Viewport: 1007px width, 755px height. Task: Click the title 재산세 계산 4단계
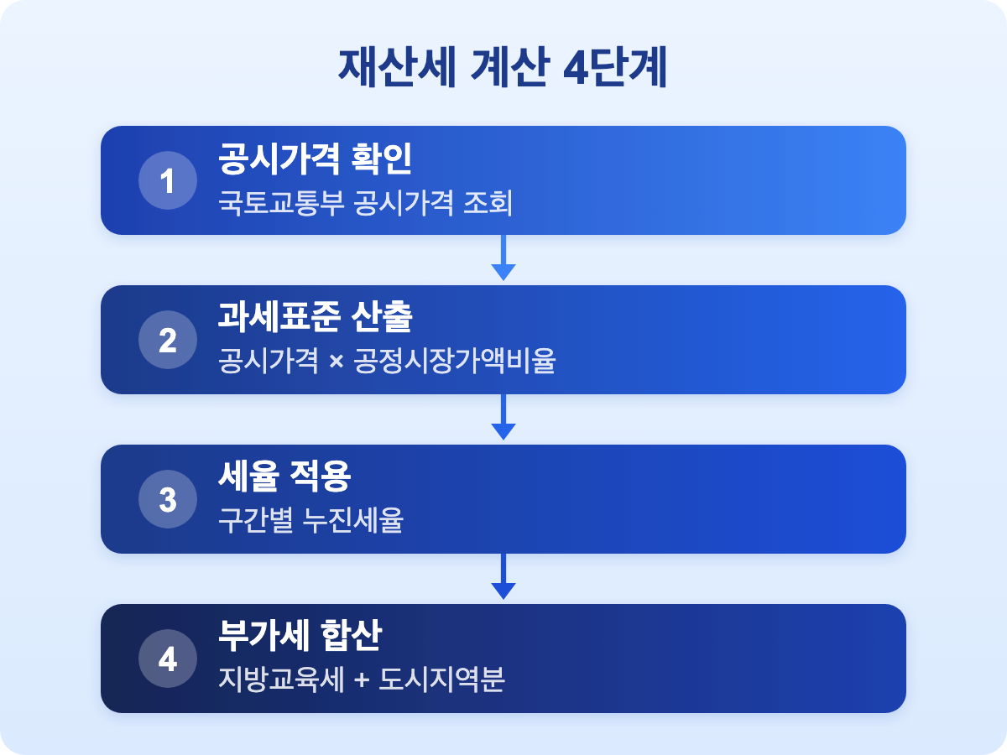point(503,67)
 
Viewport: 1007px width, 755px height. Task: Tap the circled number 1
point(168,180)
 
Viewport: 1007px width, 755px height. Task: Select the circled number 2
point(168,340)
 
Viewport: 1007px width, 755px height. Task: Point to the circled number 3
point(168,499)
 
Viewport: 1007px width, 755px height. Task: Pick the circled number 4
point(168,659)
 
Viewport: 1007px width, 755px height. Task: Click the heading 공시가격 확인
point(316,159)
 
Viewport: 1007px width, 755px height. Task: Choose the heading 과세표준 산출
point(316,317)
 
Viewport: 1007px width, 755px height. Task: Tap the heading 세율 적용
point(284,476)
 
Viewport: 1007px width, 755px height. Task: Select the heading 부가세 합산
point(300,636)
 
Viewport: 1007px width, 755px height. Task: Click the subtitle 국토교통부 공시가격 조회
point(365,202)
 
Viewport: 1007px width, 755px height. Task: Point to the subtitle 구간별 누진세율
point(310,520)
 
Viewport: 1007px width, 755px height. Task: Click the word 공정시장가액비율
point(455,361)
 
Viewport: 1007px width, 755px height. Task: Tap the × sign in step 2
point(337,362)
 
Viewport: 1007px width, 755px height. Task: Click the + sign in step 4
point(362,679)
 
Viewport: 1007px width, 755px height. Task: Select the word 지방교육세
point(281,679)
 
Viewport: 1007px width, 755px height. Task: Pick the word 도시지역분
point(441,679)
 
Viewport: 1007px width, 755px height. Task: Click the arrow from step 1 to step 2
point(503,258)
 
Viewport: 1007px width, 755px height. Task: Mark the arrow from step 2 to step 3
point(503,417)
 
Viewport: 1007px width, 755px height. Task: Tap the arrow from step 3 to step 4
point(503,576)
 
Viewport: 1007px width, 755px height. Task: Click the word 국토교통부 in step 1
point(281,202)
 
